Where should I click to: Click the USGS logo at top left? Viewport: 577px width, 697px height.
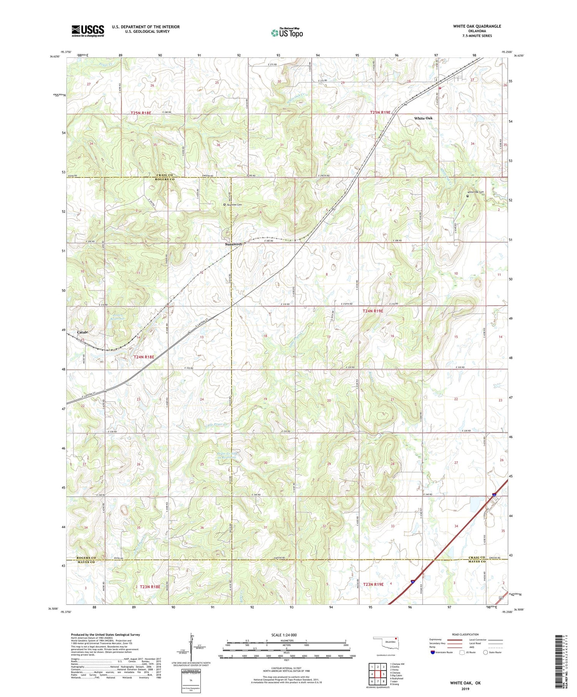[88, 31]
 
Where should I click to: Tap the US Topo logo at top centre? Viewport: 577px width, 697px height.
[287, 33]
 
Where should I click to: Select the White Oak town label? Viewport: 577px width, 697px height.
[423, 118]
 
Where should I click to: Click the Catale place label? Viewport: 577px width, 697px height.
[82, 332]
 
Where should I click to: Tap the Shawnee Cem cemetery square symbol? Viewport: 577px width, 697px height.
[225, 205]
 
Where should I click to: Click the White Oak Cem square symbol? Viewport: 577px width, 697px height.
[468, 196]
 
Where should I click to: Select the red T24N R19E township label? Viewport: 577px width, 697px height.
[373, 311]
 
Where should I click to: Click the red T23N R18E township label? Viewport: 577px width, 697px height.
[150, 587]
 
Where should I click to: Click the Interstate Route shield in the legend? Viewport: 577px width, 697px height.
[433, 652]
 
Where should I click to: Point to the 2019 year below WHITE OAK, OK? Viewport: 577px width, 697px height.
[465, 688]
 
